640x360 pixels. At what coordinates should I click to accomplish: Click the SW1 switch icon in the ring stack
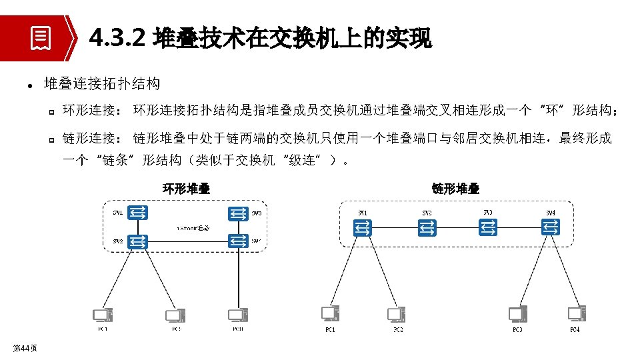click(x=139, y=213)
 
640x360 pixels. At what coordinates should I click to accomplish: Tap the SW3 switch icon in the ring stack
click(x=237, y=213)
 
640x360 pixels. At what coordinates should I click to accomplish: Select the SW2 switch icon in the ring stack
click(x=139, y=241)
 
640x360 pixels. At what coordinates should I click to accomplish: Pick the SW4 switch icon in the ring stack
click(x=237, y=241)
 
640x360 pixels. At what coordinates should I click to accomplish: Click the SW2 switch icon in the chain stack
click(x=427, y=229)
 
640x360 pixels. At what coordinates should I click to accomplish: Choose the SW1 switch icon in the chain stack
click(x=362, y=229)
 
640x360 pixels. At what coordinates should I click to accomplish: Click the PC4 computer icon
click(x=576, y=314)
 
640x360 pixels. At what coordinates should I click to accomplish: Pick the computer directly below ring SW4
click(x=238, y=315)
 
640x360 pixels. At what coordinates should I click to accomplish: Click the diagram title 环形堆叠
click(x=187, y=189)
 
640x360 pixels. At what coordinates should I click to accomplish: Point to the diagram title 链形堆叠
click(x=455, y=189)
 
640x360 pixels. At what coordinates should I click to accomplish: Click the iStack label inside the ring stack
click(x=193, y=228)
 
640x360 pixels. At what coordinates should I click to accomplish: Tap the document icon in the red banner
click(x=41, y=39)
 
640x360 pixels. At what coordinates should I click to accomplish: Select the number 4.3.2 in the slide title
click(x=117, y=39)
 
